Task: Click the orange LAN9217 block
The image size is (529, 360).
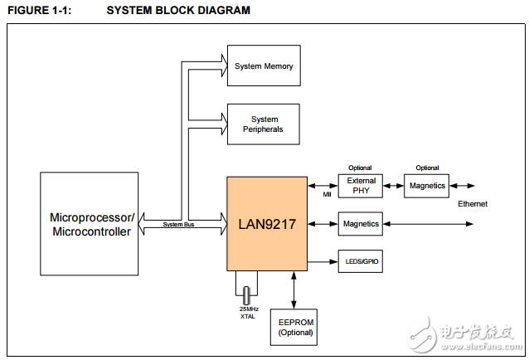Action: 267,223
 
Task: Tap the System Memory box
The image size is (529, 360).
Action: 263,66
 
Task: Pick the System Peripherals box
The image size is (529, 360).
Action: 263,124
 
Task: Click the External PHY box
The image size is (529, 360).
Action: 361,186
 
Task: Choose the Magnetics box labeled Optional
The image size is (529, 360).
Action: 427,186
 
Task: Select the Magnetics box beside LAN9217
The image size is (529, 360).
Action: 361,224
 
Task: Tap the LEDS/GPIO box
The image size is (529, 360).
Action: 361,262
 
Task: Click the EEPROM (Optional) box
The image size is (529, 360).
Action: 294,328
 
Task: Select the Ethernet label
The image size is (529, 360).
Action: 472,204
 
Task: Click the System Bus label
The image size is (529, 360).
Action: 178,225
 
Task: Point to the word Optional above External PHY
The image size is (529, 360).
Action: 360,168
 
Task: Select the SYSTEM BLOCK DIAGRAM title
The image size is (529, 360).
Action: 178,11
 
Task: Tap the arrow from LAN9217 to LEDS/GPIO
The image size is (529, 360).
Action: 322,262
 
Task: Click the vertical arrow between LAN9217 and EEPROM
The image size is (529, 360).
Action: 294,289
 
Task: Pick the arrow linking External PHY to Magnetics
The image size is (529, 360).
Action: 393,186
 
